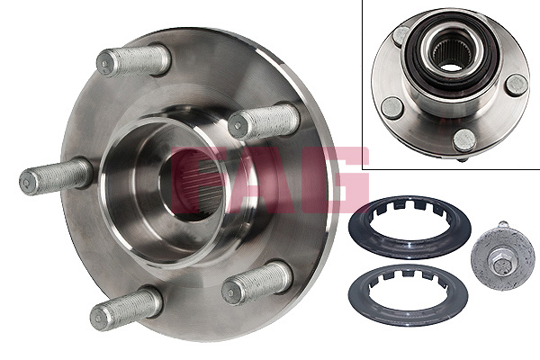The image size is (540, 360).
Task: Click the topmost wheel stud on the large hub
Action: (x=133, y=62)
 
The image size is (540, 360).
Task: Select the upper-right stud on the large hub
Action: (x=264, y=121)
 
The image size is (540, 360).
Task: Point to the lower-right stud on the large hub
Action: (x=257, y=283)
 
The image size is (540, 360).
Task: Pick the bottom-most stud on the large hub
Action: (x=125, y=311)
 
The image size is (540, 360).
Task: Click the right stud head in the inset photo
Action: (x=516, y=85)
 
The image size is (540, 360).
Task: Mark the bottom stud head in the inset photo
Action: (x=464, y=140)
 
